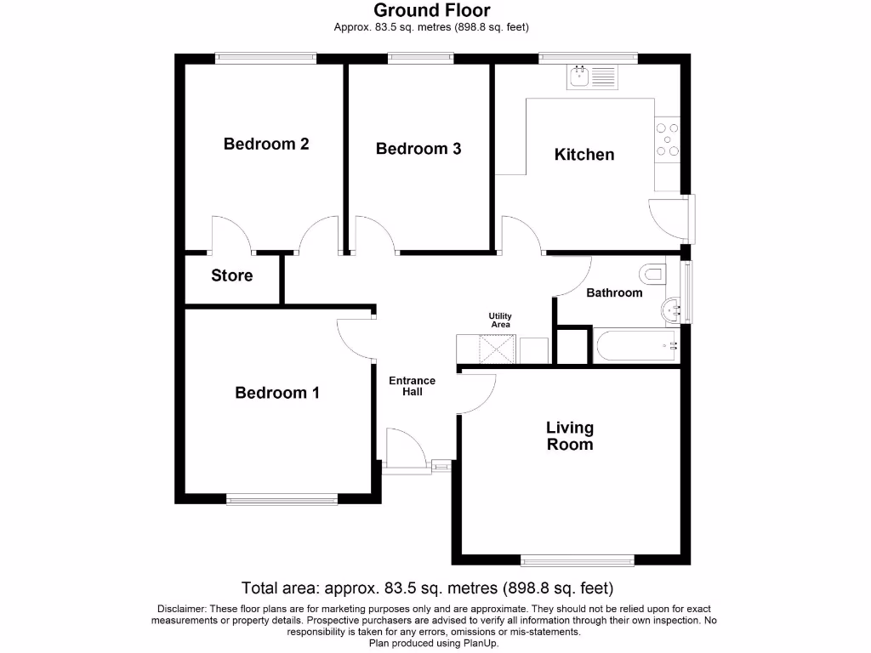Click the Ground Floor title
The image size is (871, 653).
click(431, 11)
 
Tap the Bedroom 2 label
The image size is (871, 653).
click(265, 144)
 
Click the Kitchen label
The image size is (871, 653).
click(584, 155)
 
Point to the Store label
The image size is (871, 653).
click(232, 275)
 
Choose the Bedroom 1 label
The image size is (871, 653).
click(277, 393)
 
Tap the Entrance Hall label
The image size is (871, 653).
click(412, 386)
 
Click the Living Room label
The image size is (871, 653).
click(570, 436)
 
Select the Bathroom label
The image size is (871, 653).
click(614, 292)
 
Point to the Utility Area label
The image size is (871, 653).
click(500, 320)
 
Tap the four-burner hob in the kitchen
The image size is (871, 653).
click(668, 139)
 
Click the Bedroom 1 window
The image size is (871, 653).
click(282, 500)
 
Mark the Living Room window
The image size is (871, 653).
click(578, 560)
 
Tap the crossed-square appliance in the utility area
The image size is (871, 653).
click(496, 349)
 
